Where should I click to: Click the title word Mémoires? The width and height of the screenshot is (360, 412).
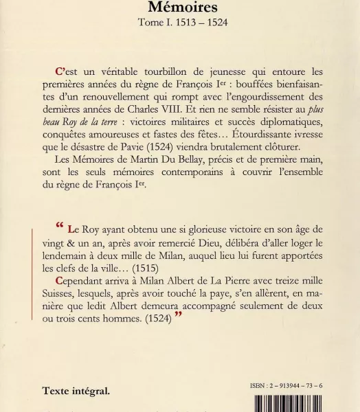[179, 8]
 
